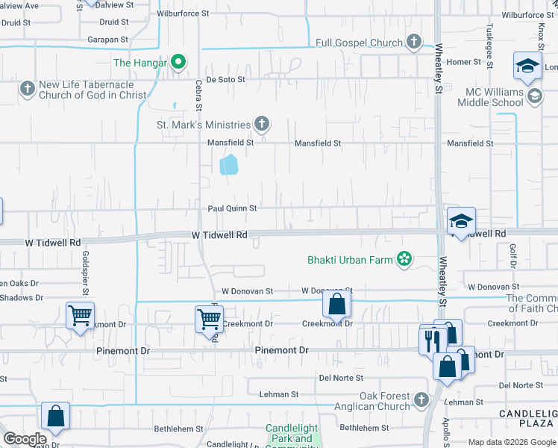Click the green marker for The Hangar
(178, 63)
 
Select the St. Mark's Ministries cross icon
(261, 123)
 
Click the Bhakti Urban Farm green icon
(404, 260)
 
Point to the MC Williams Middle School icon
(534, 96)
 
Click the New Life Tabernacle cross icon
(27, 90)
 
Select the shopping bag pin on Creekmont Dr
(337, 303)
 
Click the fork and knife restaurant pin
(433, 340)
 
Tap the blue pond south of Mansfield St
(229, 164)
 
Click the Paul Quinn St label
(232, 208)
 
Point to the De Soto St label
(225, 78)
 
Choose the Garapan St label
(108, 40)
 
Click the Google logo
(25, 439)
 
